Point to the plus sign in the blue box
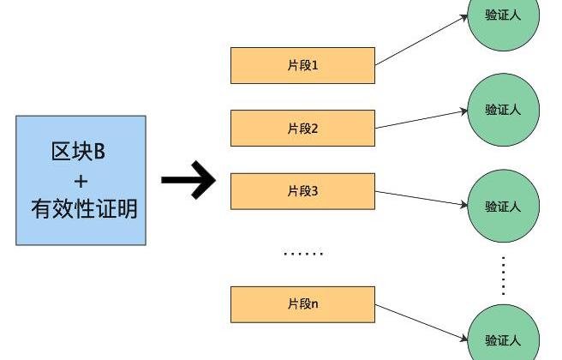click(x=81, y=181)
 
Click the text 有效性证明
click(x=83, y=208)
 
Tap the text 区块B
click(x=78, y=153)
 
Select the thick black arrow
click(x=189, y=180)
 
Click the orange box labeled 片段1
click(x=302, y=65)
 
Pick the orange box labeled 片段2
click(x=302, y=129)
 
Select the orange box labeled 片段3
click(x=302, y=191)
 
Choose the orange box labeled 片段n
click(x=302, y=304)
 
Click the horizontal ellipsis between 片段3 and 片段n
click(x=303, y=254)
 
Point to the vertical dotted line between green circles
click(x=504, y=274)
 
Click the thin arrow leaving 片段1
click(x=421, y=40)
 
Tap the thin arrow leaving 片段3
click(x=421, y=198)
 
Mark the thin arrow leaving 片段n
click(x=421, y=321)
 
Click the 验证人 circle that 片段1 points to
click(x=504, y=17)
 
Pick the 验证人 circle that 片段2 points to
click(x=504, y=109)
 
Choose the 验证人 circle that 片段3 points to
click(x=504, y=206)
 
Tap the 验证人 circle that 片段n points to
click(x=504, y=337)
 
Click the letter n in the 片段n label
click(x=315, y=305)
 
